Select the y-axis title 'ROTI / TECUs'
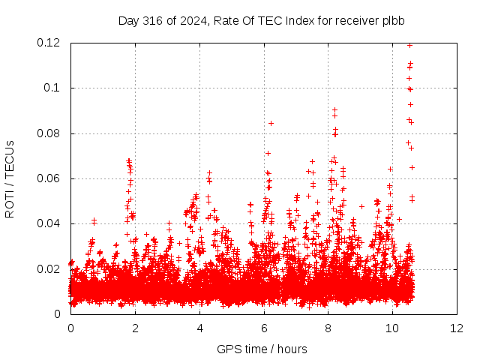pos(10,179)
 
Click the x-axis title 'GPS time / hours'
pos(262,349)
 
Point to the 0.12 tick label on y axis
pos(48,43)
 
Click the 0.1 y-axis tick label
pos(52,88)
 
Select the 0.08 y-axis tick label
pos(48,133)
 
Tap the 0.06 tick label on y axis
pos(48,178)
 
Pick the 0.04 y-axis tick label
pos(48,223)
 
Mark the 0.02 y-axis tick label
pos(48,269)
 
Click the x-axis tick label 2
pos(135,328)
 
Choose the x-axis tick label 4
pos(200,328)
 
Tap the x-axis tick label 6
pos(264,328)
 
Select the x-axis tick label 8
pos(328,328)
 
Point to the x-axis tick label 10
pos(392,328)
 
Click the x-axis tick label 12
pos(457,328)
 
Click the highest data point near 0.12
pos(410,45)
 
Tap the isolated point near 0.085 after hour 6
pos(271,123)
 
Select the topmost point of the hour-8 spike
pos(335,109)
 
